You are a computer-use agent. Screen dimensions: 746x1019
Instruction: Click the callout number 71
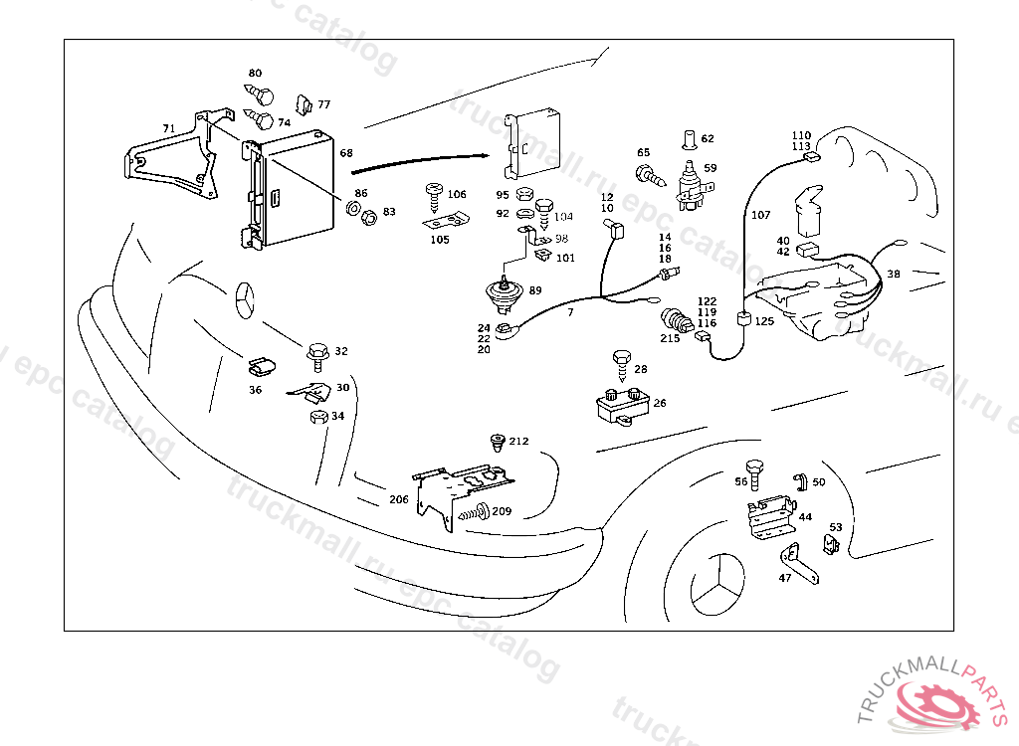point(169,128)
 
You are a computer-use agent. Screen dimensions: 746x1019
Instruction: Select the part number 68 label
point(346,153)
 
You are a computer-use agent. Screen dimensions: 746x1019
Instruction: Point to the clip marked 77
point(305,103)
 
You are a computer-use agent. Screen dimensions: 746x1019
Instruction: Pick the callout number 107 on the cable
point(760,214)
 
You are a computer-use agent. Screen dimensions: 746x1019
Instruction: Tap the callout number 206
point(398,499)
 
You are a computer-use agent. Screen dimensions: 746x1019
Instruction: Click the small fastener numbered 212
point(497,441)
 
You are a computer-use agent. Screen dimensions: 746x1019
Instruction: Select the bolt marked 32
point(318,352)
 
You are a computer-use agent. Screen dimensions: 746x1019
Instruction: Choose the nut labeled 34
point(318,415)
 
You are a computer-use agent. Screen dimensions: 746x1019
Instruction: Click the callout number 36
point(256,390)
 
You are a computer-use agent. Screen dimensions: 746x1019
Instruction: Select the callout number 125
point(764,321)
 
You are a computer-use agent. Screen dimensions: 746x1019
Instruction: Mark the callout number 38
point(894,274)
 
